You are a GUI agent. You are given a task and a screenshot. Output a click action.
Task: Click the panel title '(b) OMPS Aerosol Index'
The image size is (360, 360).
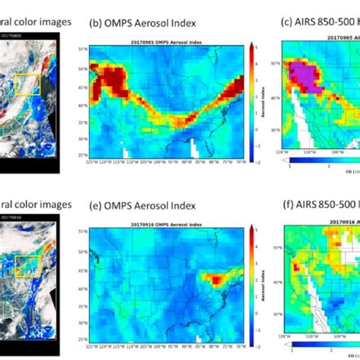click(x=143, y=23)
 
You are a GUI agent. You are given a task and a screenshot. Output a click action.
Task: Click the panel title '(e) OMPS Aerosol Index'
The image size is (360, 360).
click(x=143, y=205)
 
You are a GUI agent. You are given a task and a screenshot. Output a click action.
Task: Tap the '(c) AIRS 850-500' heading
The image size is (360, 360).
click(x=319, y=23)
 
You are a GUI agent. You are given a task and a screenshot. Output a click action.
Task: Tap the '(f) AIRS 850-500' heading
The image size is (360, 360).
click(x=319, y=205)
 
